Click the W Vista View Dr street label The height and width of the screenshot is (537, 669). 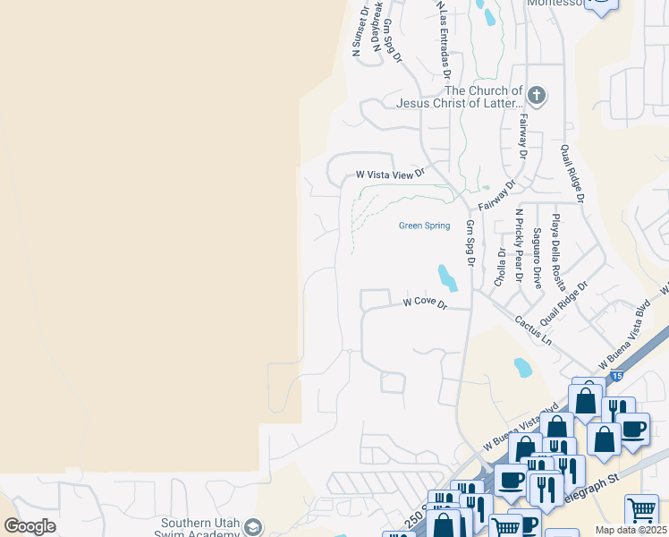389,175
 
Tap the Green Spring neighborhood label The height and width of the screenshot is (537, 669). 424,226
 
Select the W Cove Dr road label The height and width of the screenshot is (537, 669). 424,303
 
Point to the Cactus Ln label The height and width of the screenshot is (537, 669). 533,329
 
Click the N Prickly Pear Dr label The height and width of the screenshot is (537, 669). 519,245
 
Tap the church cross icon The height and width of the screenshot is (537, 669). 537,95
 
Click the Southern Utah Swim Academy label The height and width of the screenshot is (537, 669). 202,530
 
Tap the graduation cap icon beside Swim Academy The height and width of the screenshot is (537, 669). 253,526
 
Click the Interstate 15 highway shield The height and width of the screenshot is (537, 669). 619,377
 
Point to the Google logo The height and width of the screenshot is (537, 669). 30,526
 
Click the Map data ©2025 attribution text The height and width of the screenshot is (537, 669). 631,530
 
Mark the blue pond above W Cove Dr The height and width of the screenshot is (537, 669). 446,277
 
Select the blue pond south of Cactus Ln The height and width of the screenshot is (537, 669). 522,367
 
